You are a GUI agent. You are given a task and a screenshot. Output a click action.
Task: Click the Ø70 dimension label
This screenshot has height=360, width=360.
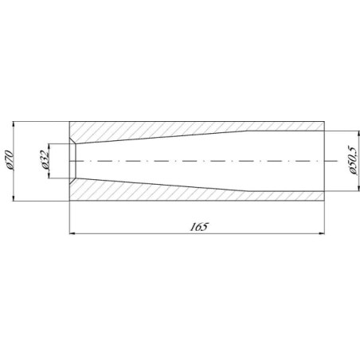tap(9, 160)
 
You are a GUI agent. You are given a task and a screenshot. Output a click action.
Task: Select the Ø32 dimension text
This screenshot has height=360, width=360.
tap(45, 160)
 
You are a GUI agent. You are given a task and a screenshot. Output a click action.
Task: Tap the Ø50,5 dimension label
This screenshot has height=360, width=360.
tap(353, 160)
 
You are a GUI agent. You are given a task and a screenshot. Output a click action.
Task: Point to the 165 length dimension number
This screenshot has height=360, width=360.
tap(199, 227)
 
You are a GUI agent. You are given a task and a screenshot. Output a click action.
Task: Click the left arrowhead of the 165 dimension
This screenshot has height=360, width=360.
tap(72, 233)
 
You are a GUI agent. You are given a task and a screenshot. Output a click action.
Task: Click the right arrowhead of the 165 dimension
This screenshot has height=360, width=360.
tap(321, 233)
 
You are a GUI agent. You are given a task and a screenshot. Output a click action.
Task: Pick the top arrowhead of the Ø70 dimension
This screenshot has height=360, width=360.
tap(14, 125)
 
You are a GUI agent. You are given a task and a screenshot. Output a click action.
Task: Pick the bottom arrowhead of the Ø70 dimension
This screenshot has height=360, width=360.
tap(14, 198)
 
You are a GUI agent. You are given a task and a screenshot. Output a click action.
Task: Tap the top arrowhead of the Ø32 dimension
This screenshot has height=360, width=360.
tap(49, 147)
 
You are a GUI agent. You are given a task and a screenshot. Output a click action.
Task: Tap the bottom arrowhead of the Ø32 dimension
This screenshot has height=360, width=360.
tap(49, 175)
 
